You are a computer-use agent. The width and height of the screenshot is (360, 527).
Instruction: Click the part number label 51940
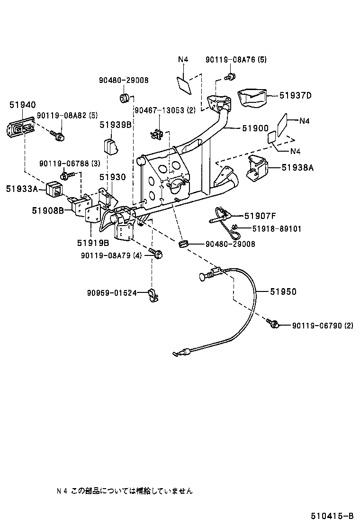[x=22, y=105]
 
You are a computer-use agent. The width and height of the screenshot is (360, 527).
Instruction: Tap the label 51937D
[x=295, y=96]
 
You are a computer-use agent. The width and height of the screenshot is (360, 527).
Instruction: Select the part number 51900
[x=255, y=128]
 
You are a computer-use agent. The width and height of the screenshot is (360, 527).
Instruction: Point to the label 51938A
[x=297, y=167]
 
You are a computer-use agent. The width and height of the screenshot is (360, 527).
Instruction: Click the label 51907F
[x=260, y=216]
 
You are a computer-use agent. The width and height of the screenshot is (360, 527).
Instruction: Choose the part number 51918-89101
[x=276, y=229]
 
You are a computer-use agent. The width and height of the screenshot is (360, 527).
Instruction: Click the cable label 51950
[x=283, y=292]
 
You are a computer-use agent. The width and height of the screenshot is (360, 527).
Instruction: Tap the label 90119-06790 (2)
[x=322, y=325]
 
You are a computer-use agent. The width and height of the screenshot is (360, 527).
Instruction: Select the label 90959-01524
[x=111, y=293]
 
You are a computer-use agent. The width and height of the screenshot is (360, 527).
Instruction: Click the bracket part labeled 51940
[x=20, y=128]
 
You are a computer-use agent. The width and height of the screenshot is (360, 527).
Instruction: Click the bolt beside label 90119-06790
[x=273, y=324]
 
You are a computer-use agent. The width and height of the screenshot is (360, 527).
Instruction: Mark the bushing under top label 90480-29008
[x=125, y=98]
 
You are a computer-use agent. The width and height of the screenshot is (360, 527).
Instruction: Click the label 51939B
[x=115, y=125]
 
